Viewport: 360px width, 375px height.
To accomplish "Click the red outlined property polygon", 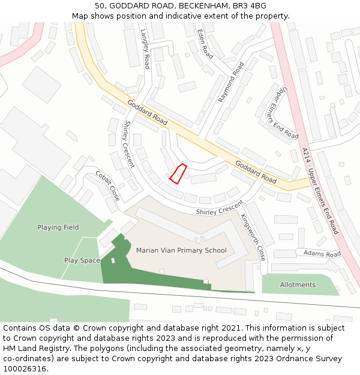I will point(178,173).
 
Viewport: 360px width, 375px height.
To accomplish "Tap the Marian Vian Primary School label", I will point(181,250).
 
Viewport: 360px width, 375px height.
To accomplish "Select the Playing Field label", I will point(58,227).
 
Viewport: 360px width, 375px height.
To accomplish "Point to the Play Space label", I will point(82,260).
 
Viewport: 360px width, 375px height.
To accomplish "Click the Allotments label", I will point(297,284).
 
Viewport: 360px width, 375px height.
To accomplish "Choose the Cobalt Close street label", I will point(107,185).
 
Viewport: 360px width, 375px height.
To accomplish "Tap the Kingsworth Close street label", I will point(253,237).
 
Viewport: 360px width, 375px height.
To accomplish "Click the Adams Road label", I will point(322,254).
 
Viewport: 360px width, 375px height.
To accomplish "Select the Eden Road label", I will point(205,44).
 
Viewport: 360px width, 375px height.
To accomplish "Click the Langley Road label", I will point(145,49).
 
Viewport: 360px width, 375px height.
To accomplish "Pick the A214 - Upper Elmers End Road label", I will point(320,191).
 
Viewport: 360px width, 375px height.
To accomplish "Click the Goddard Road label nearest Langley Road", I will point(148,112).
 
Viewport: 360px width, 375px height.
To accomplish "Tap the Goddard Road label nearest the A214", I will point(256,172).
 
